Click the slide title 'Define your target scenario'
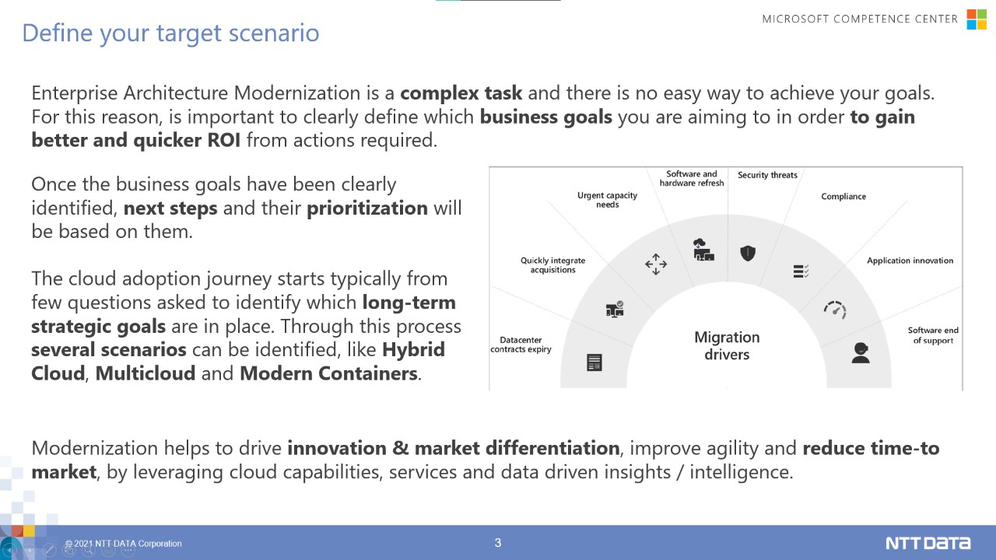click(170, 33)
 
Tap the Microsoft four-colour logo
click(977, 19)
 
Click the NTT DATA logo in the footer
click(928, 543)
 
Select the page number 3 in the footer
click(498, 543)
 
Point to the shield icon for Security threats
click(748, 254)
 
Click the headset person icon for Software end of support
click(861, 353)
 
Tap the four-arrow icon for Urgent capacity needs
click(656, 264)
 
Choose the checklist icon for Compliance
click(801, 271)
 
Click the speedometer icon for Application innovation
click(835, 310)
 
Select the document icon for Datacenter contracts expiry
click(594, 362)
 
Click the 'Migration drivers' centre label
click(727, 346)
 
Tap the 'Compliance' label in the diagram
click(843, 197)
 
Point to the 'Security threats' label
click(767, 175)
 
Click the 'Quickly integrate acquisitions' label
click(552, 265)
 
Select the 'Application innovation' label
click(910, 261)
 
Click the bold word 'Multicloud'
click(146, 373)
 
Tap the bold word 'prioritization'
click(367, 208)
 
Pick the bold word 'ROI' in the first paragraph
click(224, 141)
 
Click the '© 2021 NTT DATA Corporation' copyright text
click(124, 544)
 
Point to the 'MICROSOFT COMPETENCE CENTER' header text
click(860, 19)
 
